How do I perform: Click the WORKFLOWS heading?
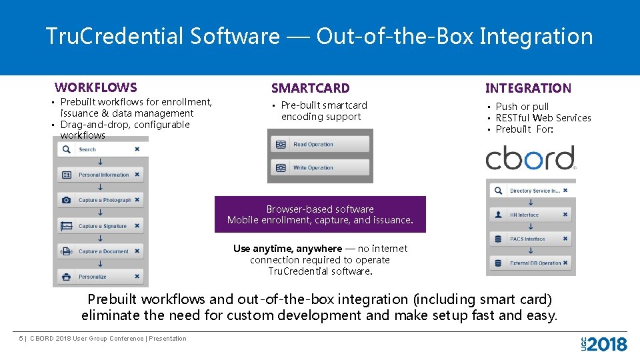[x=96, y=87]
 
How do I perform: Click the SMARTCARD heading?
[x=310, y=88]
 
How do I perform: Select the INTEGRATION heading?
[x=528, y=88]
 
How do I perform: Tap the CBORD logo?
[x=531, y=159]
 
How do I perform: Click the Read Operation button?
[x=319, y=144]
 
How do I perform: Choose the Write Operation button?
[x=319, y=168]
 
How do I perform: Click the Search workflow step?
[x=100, y=149]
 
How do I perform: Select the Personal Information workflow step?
[x=100, y=175]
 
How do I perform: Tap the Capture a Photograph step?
[x=100, y=200]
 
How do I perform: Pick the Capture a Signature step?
[x=100, y=226]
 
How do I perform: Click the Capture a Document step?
[x=100, y=251]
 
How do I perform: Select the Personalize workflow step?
[x=100, y=277]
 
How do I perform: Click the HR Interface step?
[x=531, y=215]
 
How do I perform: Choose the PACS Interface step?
[x=531, y=239]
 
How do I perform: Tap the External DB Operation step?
[x=531, y=263]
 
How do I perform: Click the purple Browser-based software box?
[x=320, y=214]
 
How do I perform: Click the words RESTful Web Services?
[x=543, y=118]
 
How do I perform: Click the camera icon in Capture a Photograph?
[x=66, y=200]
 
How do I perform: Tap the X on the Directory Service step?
[x=565, y=191]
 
